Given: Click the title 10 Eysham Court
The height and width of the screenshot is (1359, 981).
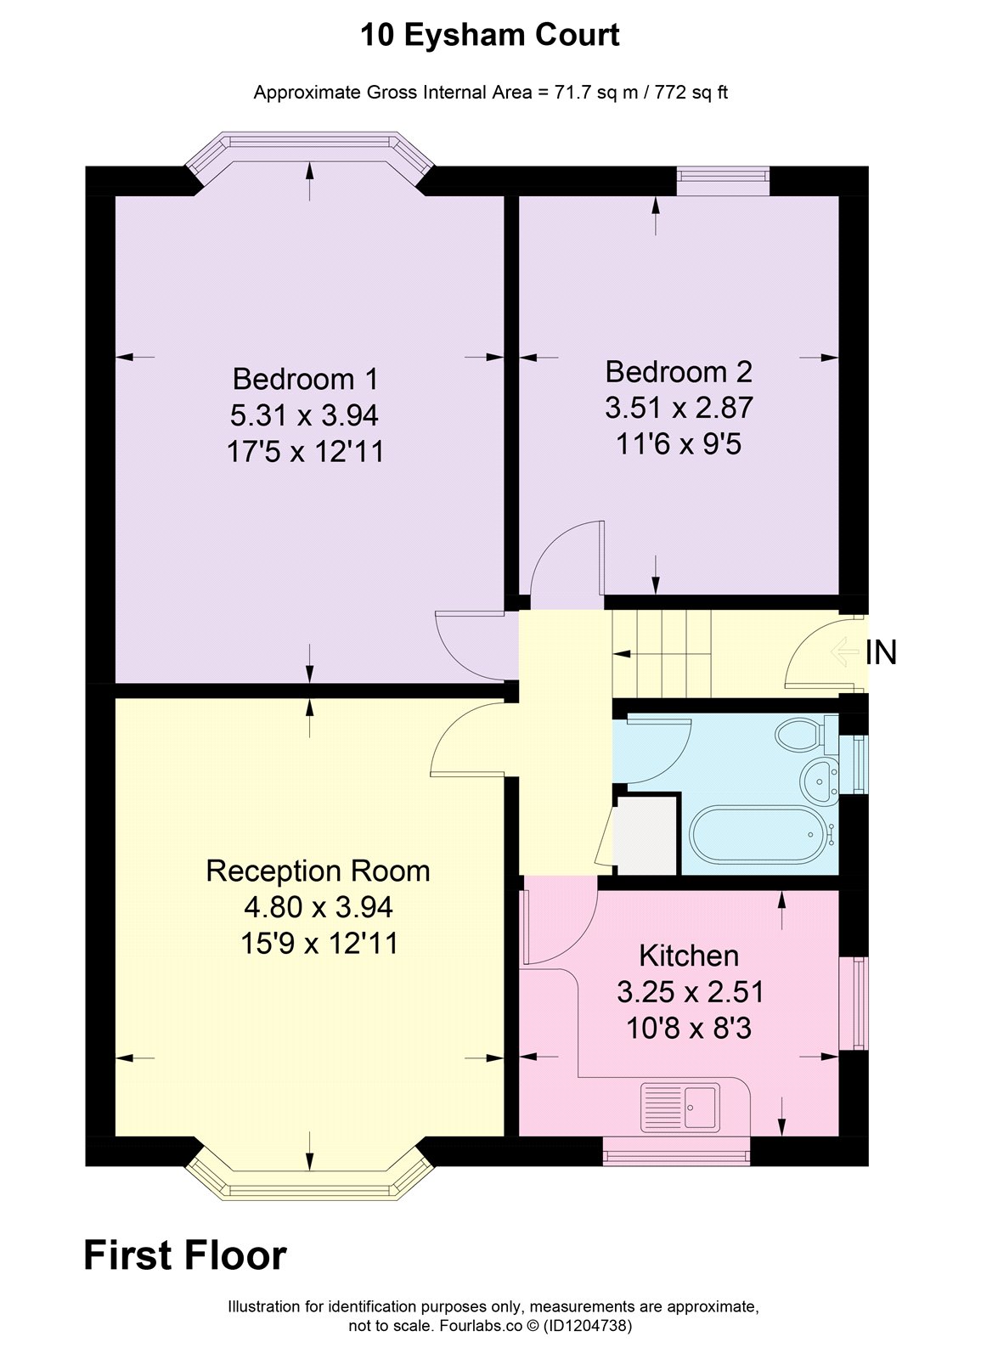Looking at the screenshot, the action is click(x=490, y=35).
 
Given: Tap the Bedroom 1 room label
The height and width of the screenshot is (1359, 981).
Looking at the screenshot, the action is click(x=305, y=379).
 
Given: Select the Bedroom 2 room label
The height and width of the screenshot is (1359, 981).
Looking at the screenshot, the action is click(x=679, y=372).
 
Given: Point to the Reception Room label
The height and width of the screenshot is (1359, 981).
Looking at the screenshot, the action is click(x=318, y=871).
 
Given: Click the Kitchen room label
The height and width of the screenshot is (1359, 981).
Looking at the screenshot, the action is click(x=689, y=956).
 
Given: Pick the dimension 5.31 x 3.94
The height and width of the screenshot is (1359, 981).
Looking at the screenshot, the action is click(x=304, y=415).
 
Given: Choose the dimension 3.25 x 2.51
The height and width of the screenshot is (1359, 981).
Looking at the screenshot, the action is click(x=691, y=992).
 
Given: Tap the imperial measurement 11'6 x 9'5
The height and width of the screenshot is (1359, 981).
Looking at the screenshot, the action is click(x=679, y=444).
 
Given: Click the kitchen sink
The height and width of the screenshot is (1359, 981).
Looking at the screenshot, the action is click(x=680, y=1108).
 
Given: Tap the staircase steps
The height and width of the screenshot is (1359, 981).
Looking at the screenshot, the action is click(x=662, y=654).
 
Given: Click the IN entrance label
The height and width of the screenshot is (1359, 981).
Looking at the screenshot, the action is click(x=881, y=653).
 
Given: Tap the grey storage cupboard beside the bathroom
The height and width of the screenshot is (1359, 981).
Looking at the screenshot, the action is click(x=646, y=835).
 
